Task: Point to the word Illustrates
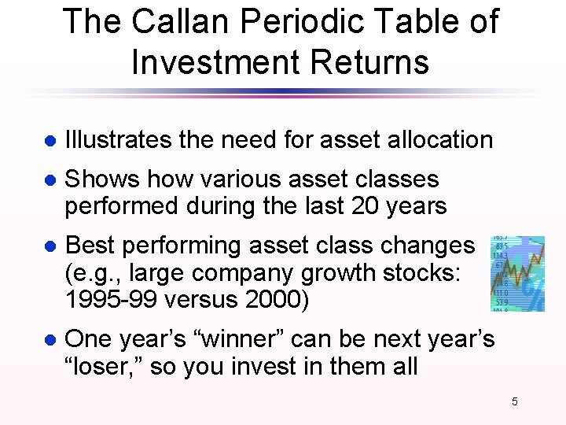point(118,140)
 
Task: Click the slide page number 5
point(515,402)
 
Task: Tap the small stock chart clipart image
point(517,272)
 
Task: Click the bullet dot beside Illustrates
point(49,142)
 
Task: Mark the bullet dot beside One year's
point(49,341)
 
